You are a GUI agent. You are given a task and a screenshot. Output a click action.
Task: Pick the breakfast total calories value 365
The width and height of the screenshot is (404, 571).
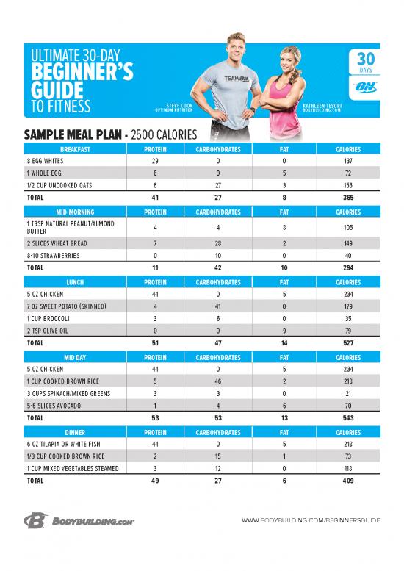tap(347, 198)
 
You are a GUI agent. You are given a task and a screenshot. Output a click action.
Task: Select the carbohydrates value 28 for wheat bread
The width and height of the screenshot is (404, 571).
tap(217, 243)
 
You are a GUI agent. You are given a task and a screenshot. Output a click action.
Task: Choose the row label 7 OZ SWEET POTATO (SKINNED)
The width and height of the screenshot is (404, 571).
tap(67, 306)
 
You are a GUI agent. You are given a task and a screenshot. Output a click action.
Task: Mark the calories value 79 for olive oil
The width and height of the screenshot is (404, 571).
tap(347, 330)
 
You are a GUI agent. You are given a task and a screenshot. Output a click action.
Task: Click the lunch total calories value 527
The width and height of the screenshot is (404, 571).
tap(347, 343)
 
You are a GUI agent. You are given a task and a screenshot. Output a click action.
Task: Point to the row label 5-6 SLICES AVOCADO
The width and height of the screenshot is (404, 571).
tap(54, 405)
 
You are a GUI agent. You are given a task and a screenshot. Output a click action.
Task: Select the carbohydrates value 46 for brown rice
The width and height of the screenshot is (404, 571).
tap(217, 381)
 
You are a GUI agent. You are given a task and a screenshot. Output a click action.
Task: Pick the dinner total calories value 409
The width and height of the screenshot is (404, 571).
tap(347, 481)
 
